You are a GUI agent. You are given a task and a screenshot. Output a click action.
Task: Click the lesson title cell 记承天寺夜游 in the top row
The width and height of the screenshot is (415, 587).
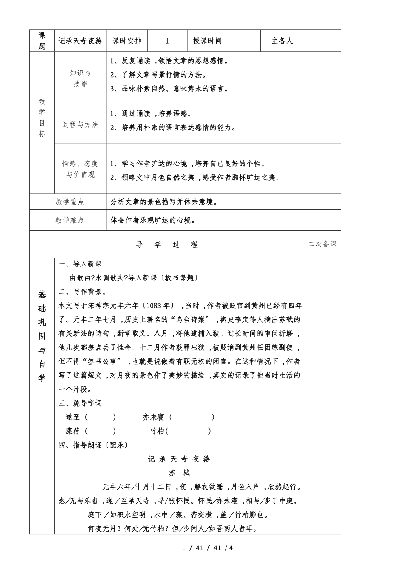pyautogui.click(x=80, y=41)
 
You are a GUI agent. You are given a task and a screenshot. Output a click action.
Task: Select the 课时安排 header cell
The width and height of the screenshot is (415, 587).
pyautogui.click(x=127, y=41)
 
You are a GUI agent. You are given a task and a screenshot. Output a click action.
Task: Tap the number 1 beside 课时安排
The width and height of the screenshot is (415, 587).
pyautogui.click(x=167, y=41)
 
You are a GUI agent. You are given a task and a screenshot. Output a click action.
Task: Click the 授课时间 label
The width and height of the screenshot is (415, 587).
pyautogui.click(x=207, y=41)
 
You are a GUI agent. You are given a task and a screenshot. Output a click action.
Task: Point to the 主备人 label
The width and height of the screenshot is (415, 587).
pyautogui.click(x=282, y=41)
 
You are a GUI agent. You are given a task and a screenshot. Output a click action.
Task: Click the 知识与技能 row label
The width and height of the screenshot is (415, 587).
pyautogui.click(x=80, y=78)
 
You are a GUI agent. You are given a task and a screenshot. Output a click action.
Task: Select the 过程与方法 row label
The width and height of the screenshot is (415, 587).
pyautogui.click(x=80, y=124)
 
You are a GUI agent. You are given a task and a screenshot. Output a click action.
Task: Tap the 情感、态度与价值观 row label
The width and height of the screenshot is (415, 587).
pyautogui.click(x=80, y=169)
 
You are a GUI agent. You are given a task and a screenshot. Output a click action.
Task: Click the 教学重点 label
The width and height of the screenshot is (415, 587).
pyautogui.click(x=70, y=202)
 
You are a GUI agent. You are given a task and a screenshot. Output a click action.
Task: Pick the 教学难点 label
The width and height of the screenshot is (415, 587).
pyautogui.click(x=70, y=220)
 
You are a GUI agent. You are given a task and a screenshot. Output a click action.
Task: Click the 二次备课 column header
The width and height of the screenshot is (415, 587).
pyautogui.click(x=323, y=244)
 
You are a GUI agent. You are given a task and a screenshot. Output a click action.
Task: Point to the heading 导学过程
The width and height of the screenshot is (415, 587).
pyautogui.click(x=167, y=244)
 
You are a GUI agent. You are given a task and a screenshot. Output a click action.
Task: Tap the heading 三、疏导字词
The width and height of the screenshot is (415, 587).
pyautogui.click(x=81, y=403)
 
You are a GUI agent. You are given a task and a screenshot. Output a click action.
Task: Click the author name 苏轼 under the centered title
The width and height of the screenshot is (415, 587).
pyautogui.click(x=180, y=473)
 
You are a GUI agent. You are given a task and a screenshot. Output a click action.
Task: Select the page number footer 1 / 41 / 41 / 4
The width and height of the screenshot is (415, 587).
pyautogui.click(x=207, y=548)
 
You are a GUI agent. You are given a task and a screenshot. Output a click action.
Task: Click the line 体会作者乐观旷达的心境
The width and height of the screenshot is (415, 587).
pyautogui.click(x=153, y=220)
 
